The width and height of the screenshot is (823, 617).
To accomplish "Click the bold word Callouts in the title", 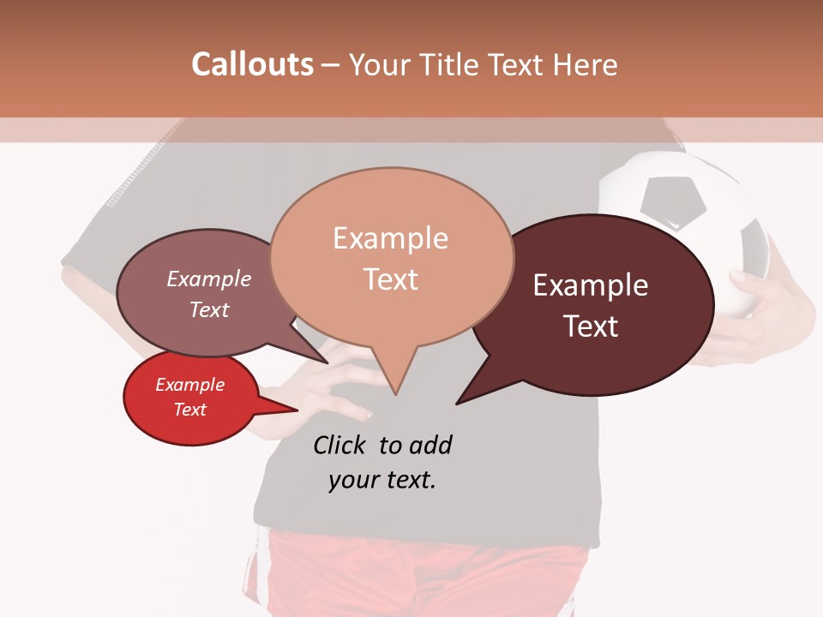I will coord(252,64).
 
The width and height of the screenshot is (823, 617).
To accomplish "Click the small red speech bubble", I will coord(190,398).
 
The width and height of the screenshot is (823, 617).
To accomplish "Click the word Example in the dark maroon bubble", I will coord(591,285).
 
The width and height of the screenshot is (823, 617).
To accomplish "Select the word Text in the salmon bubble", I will coord(391,279).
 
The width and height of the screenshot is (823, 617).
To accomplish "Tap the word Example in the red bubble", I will coord(189,385).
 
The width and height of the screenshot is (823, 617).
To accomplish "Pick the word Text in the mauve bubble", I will coord(209,310).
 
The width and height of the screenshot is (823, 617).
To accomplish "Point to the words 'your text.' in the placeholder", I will coord(382,480).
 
